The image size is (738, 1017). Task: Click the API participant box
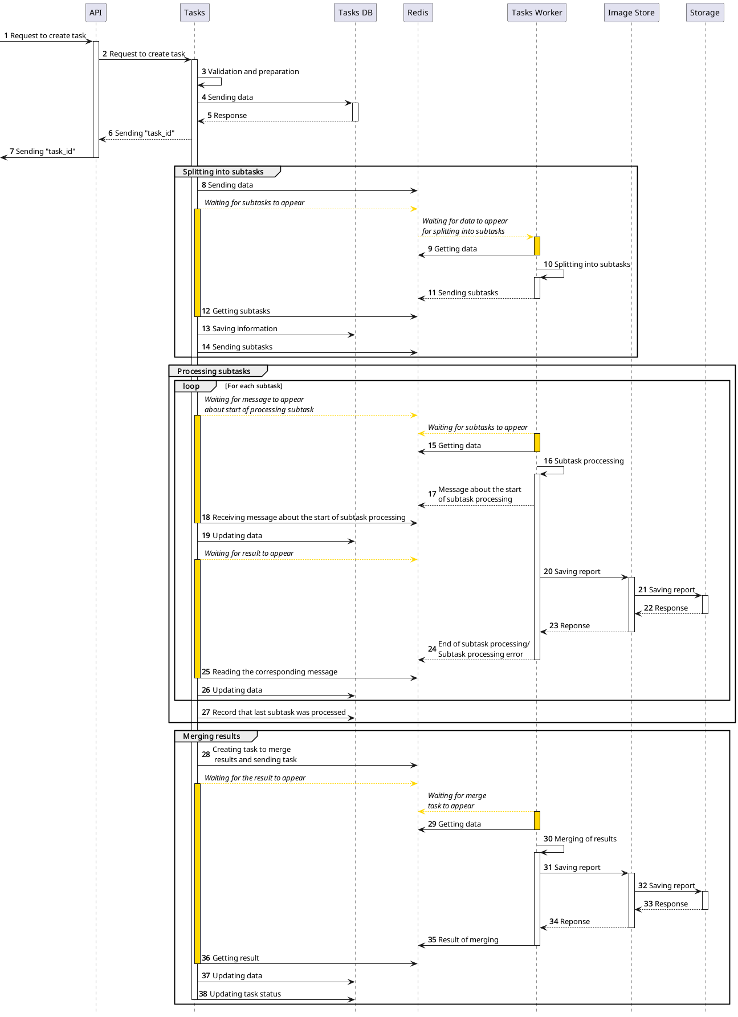[x=96, y=13]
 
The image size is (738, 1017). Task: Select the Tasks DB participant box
[x=355, y=13]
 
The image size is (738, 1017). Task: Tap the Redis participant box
[x=418, y=13]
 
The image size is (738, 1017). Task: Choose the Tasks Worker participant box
[x=536, y=13]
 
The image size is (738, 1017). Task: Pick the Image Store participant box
[x=631, y=13]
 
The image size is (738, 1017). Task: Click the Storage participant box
[x=704, y=13]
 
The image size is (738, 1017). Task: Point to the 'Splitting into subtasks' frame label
[x=223, y=172]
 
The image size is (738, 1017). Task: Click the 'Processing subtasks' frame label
[x=214, y=371]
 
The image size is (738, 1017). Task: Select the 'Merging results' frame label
[x=211, y=736]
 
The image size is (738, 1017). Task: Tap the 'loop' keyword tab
[x=191, y=386]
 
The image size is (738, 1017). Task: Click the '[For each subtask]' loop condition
[x=254, y=386]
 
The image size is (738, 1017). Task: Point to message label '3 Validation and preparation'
[x=250, y=72]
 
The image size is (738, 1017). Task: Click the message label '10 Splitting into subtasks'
[x=587, y=265]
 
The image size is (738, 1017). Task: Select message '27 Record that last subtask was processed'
[x=274, y=713]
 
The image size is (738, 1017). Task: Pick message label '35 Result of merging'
[x=463, y=940]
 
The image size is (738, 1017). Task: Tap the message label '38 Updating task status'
[x=240, y=994]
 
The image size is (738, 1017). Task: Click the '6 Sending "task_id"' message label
[x=141, y=133]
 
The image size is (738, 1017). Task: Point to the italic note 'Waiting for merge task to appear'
[x=456, y=800]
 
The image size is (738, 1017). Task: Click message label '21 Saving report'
[x=666, y=590]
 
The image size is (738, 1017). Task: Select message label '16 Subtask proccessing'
[x=584, y=461]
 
